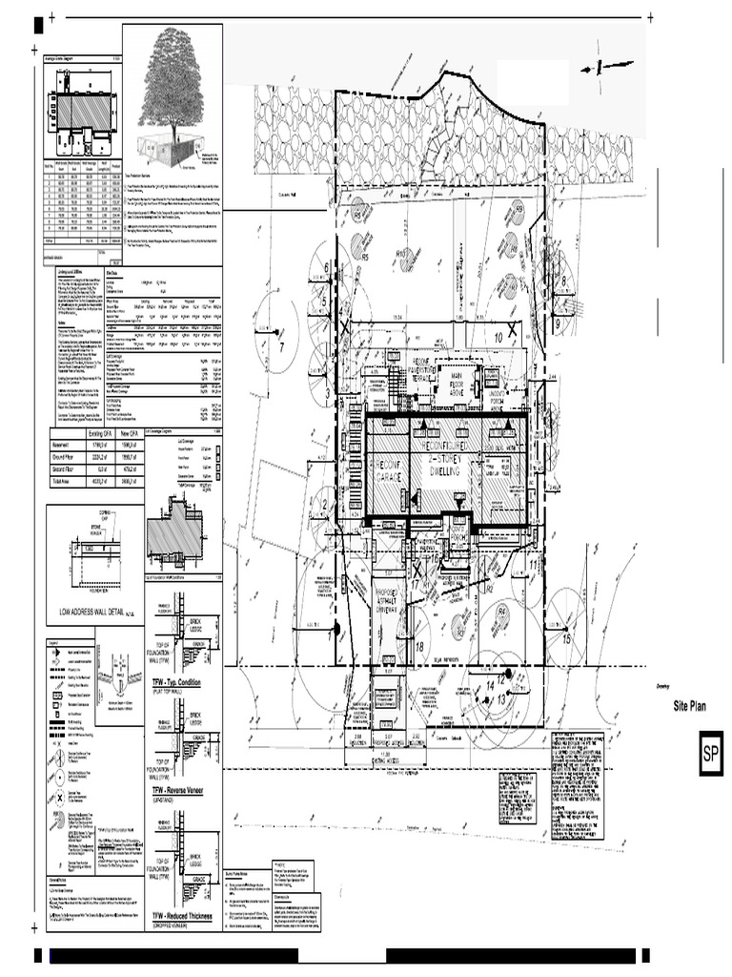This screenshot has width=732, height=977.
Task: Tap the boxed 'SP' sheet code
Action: coord(710,754)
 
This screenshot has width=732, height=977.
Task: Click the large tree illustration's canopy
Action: coord(177,76)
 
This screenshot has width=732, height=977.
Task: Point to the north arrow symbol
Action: coord(603,66)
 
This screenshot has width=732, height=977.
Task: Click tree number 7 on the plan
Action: coord(281,346)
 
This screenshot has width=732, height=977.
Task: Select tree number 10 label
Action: coord(498,336)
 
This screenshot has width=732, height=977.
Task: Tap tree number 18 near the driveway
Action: coord(420,647)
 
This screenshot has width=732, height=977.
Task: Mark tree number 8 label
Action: coord(563,281)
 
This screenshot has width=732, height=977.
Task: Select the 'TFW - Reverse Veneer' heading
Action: coord(183,791)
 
